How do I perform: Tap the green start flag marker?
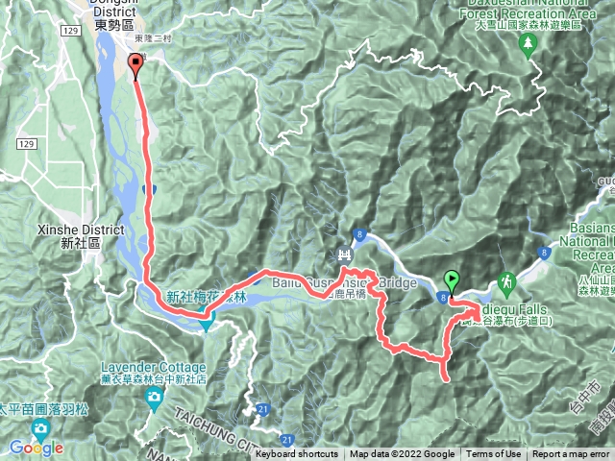[452, 282]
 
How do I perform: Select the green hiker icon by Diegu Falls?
[506, 283]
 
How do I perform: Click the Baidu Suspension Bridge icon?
[343, 255]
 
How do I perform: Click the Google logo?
[37, 448]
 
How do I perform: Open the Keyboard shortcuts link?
[297, 454]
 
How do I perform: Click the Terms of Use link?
[494, 454]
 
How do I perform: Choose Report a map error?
[571, 454]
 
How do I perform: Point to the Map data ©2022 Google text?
[402, 454]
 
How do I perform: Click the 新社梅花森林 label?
[207, 299]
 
